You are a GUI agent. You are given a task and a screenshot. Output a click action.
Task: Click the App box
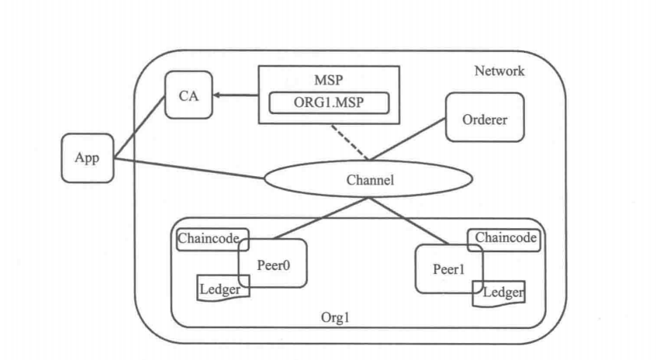pos(88,157)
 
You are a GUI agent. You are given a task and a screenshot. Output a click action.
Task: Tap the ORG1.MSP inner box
pos(329,103)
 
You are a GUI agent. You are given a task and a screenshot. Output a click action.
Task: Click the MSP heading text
pos(329,80)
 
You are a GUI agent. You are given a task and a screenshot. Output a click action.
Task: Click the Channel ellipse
pos(369,179)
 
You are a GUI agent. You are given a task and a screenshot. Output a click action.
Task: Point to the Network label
pos(499,71)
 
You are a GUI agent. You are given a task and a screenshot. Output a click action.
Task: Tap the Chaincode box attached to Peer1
pos(505,238)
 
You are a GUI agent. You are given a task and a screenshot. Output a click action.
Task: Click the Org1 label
pos(337,319)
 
